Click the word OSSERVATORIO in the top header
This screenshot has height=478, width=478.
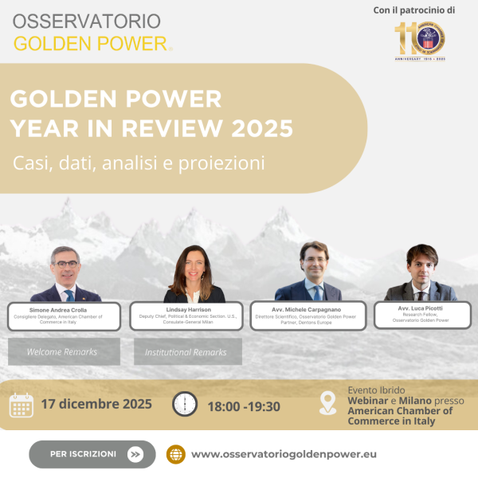tap(86, 19)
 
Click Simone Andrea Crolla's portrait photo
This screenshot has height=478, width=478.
tap(64, 275)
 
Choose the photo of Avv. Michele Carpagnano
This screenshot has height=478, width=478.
tap(312, 272)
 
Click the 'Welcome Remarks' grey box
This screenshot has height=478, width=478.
tap(64, 351)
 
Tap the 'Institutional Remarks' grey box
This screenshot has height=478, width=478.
tap(186, 351)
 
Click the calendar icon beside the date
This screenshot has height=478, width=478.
tap(22, 405)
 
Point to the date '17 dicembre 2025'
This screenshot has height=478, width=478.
tap(96, 404)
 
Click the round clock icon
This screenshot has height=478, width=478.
tap(185, 404)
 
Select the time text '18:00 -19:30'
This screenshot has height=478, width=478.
tap(244, 406)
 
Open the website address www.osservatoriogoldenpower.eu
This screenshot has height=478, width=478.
tap(284, 454)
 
